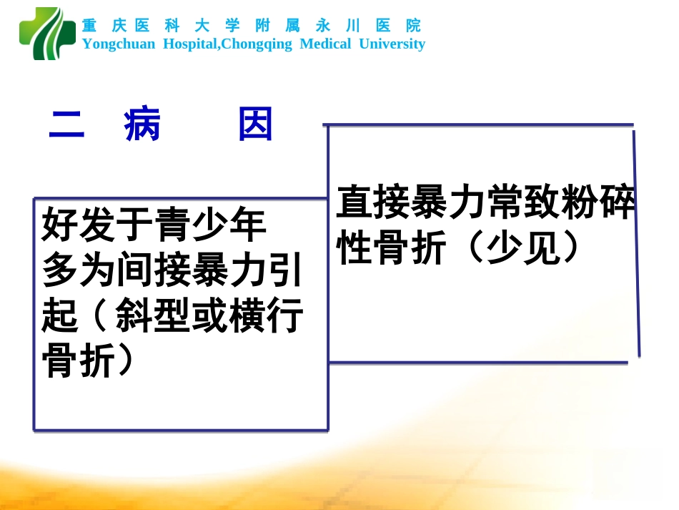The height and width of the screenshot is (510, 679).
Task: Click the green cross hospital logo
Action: pyautogui.click(x=47, y=34)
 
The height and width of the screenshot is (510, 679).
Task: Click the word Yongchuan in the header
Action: pyautogui.click(x=118, y=44)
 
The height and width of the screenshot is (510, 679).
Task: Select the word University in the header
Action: pyautogui.click(x=392, y=44)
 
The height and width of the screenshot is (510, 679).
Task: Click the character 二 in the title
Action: pyautogui.click(x=66, y=126)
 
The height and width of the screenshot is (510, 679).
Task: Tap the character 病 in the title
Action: pyautogui.click(x=142, y=126)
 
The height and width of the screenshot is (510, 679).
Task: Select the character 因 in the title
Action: pyautogui.click(x=255, y=126)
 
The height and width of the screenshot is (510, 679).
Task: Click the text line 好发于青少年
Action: pyautogui.click(x=154, y=225)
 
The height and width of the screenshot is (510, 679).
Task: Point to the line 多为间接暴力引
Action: pyautogui.click(x=172, y=270)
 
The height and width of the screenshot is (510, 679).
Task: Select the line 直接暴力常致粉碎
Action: pyautogui.click(x=485, y=203)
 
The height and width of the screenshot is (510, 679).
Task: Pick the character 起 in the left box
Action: pyautogui.click(x=60, y=315)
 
